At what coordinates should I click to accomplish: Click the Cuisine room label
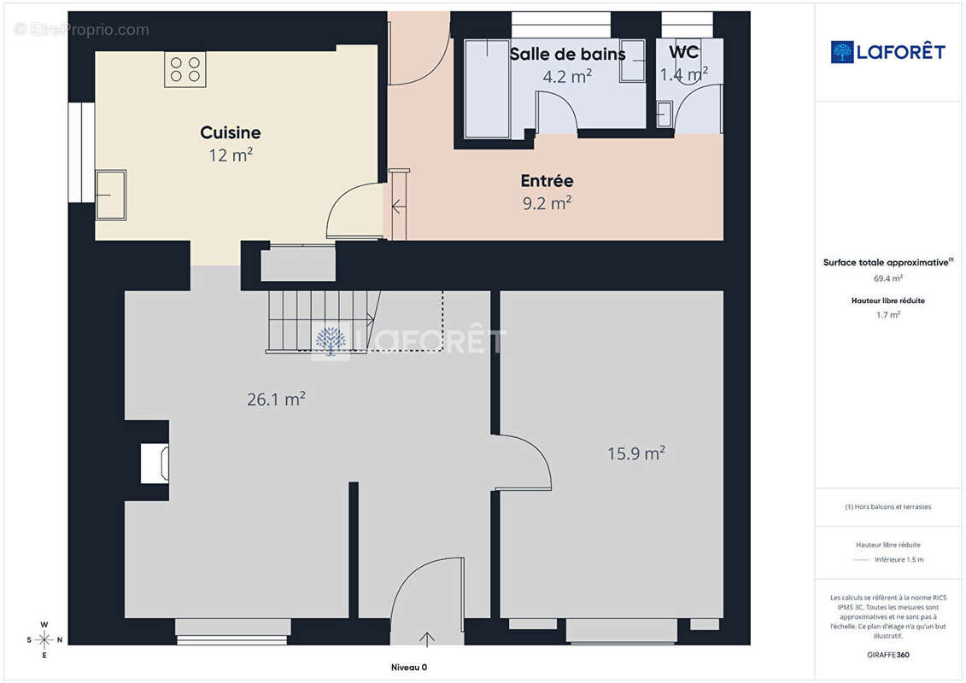[231, 132]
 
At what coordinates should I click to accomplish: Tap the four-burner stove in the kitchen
[184, 69]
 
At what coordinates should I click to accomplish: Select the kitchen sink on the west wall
[111, 195]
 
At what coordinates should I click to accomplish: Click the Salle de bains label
[567, 54]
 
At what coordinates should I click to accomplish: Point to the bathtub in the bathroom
[487, 89]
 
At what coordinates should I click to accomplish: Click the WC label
[684, 52]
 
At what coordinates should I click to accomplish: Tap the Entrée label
[547, 180]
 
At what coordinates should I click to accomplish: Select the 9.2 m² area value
[547, 202]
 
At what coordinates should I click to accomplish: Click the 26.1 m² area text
[276, 399]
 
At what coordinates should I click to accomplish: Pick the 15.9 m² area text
[636, 453]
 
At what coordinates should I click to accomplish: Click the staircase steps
[320, 321]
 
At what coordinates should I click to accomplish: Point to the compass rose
[44, 640]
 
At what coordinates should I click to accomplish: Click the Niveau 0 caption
[409, 667]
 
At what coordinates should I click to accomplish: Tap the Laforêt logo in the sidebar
[887, 52]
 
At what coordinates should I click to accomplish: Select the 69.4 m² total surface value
[887, 278]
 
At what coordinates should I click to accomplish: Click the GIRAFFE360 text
[887, 655]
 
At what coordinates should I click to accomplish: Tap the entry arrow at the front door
[427, 639]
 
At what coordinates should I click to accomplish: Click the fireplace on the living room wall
[155, 463]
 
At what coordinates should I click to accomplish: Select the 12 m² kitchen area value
[231, 155]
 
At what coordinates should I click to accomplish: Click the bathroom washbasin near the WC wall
[633, 61]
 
